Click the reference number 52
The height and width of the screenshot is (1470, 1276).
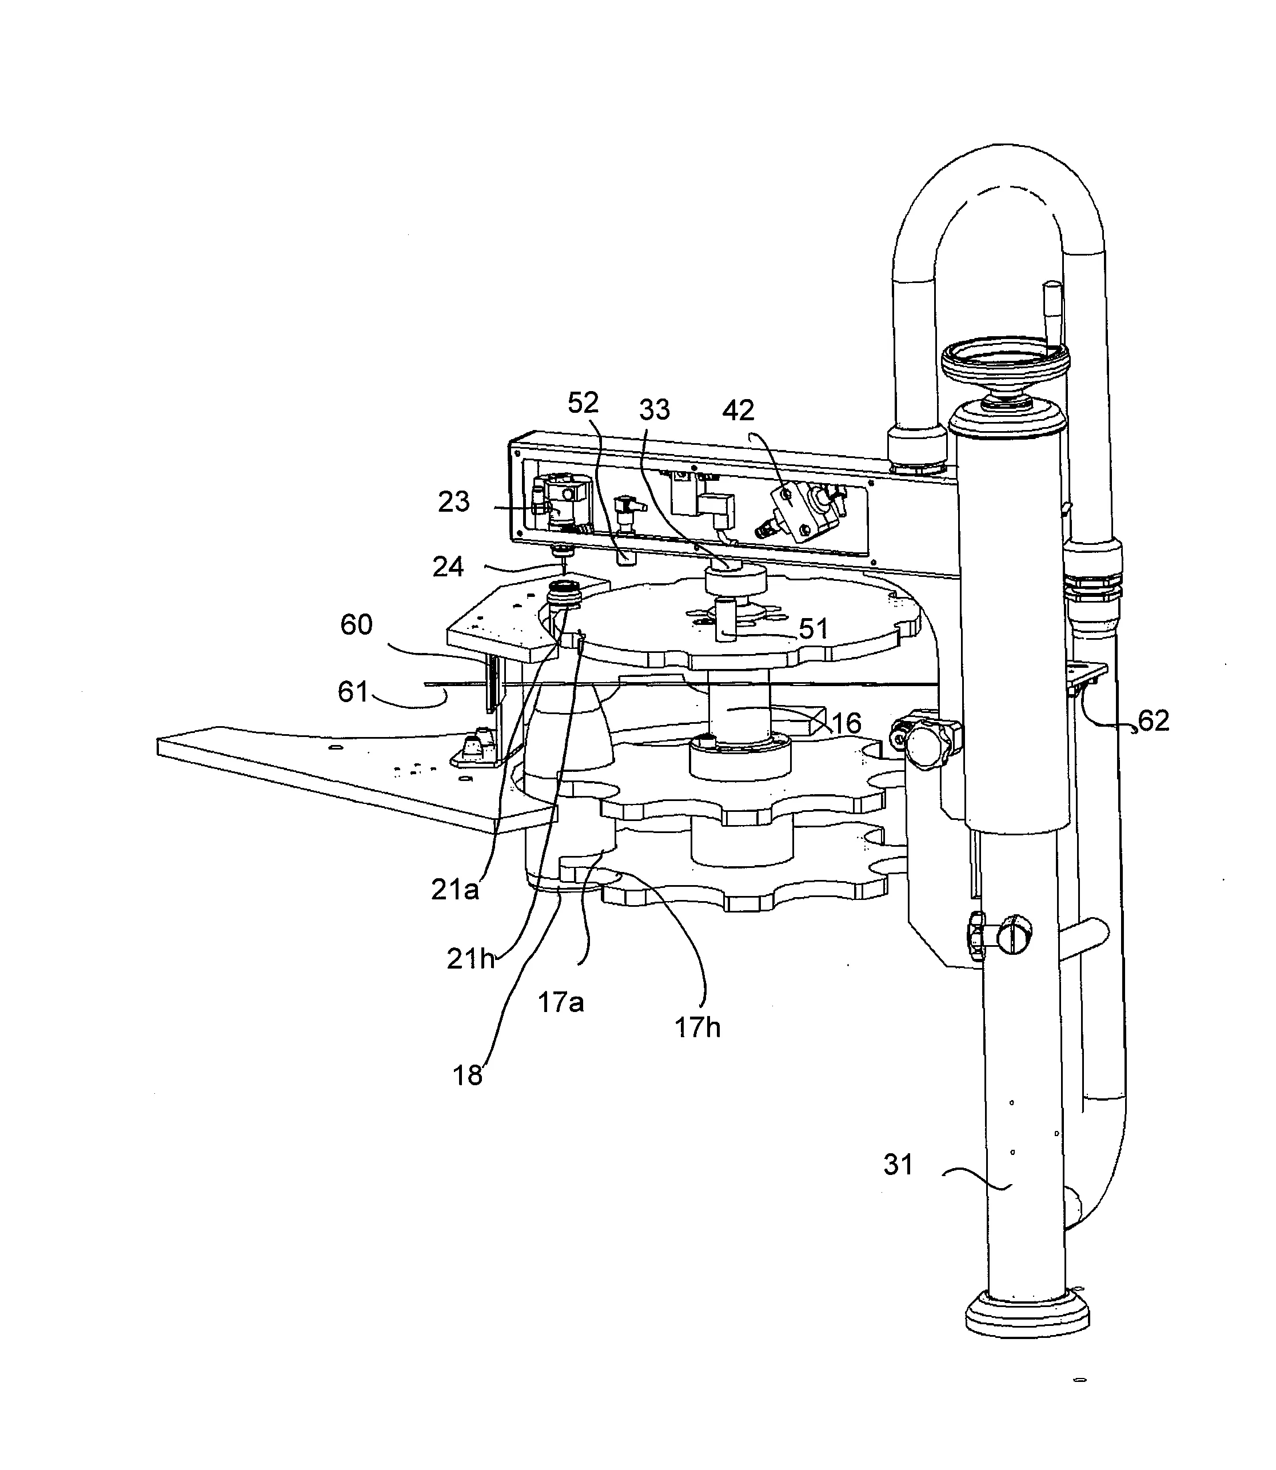pyautogui.click(x=583, y=403)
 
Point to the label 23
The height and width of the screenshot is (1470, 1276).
pyautogui.click(x=453, y=502)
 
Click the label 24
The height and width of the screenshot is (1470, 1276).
pyautogui.click(x=448, y=567)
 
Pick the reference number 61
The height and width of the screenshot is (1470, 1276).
pyautogui.click(x=353, y=692)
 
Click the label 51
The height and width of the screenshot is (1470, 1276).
pyautogui.click(x=813, y=629)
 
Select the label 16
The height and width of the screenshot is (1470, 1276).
pyautogui.click(x=846, y=724)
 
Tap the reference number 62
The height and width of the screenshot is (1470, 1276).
pyautogui.click(x=1154, y=721)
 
